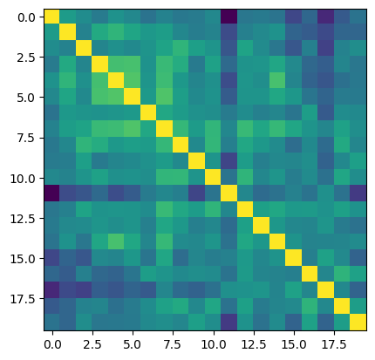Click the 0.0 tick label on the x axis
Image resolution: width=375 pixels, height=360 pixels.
click(x=52, y=344)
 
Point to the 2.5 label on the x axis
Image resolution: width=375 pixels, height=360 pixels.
click(x=92, y=344)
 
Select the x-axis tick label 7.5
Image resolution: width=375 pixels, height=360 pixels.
click(x=173, y=344)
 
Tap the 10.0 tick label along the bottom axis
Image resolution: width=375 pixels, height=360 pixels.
click(x=214, y=344)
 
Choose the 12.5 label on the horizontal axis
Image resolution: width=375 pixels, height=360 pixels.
click(x=254, y=344)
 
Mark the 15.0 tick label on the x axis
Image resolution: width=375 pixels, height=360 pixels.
click(x=294, y=344)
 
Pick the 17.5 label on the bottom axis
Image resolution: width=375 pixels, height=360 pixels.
click(x=334, y=344)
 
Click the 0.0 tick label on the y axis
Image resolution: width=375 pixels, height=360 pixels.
click(x=26, y=17)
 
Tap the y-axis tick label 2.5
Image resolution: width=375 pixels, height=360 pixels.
click(x=26, y=58)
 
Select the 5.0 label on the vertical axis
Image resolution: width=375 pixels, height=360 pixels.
click(x=26, y=98)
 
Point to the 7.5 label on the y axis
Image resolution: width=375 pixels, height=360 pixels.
click(x=26, y=138)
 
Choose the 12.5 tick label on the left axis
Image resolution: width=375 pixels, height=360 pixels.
click(x=23, y=219)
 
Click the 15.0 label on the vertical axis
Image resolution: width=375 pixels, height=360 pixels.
click(x=23, y=259)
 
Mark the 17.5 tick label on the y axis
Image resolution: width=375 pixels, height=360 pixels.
click(x=23, y=299)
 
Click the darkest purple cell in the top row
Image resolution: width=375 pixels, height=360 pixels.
click(x=229, y=17)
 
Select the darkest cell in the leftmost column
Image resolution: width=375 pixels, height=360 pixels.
click(x=52, y=194)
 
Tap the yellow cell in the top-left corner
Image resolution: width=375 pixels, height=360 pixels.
click(x=52, y=17)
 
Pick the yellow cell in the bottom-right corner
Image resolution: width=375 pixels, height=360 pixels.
click(x=358, y=323)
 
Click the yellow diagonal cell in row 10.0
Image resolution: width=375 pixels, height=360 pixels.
click(x=213, y=178)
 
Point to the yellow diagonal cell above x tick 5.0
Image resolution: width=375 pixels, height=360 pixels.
click(x=133, y=97)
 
